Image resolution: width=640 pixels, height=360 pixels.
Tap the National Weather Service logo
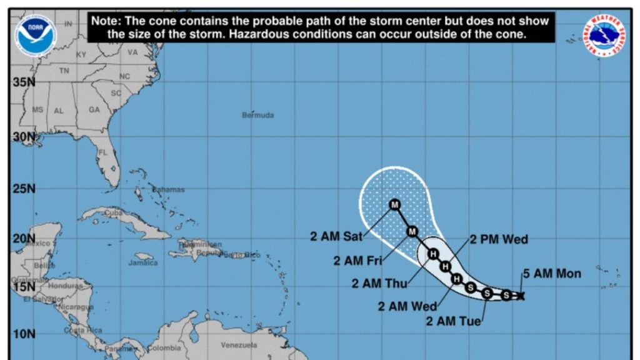coord(604,36)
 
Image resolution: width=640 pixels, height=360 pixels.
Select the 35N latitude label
coord(23,82)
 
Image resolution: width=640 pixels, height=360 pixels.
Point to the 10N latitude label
coord(23,334)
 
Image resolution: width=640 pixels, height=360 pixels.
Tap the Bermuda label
coord(258,115)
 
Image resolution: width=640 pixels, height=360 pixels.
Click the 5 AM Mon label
coord(552,273)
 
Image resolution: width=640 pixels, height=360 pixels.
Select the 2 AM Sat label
coord(334,236)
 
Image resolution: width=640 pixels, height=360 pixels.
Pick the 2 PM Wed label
coord(498,239)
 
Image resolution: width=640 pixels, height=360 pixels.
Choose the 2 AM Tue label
coord(454,321)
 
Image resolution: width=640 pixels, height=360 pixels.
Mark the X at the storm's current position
coord(521,296)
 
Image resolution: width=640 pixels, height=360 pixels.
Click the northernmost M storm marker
coord(395,204)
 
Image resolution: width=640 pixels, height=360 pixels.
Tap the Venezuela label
coord(239,345)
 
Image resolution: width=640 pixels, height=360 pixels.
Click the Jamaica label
coord(143,263)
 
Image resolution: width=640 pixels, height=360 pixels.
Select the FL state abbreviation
coord(103,152)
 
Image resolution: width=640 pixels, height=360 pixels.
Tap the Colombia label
coord(164,348)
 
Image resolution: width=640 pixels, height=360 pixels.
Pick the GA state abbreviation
coord(94,109)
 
